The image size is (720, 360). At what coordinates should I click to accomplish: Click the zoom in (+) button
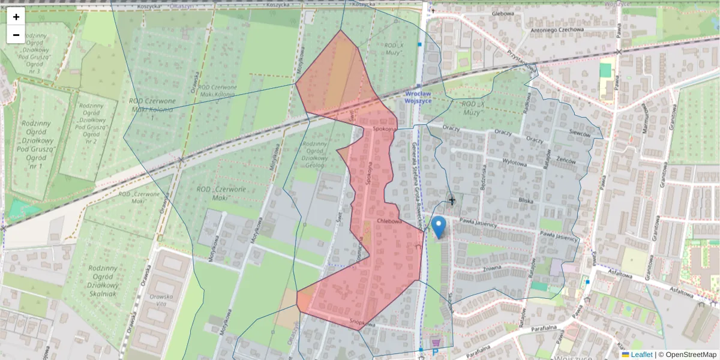click(16, 17)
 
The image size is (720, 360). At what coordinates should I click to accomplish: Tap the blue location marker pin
click(439, 227)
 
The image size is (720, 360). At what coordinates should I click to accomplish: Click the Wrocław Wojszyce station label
click(423, 98)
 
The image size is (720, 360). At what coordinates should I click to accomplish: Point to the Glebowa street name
click(503, 13)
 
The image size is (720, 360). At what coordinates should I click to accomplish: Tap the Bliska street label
click(526, 202)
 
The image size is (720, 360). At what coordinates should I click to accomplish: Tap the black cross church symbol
click(452, 201)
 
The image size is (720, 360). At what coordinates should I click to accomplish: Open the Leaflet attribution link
click(641, 355)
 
